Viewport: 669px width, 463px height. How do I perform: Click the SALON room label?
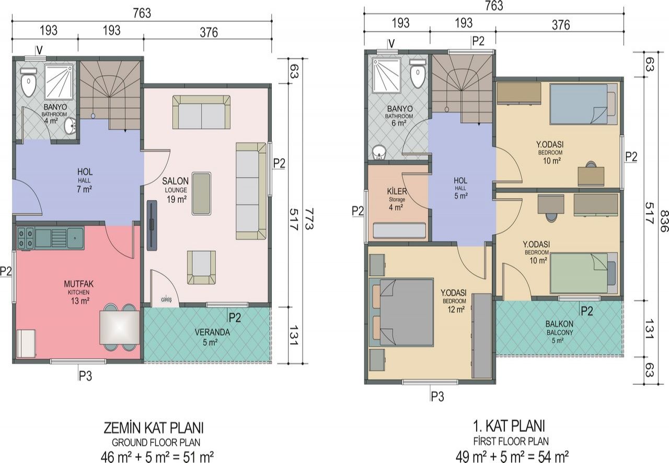(x=175, y=181)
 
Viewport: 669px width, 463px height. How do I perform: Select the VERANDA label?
(x=212, y=332)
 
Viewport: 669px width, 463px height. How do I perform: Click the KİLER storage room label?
(x=397, y=191)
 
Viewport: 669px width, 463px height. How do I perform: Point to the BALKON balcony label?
(x=559, y=324)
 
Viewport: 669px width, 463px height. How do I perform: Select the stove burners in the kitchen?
(x=26, y=238)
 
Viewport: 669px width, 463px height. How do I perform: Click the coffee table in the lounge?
(x=201, y=193)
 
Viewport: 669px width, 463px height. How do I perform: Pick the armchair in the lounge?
(x=201, y=267)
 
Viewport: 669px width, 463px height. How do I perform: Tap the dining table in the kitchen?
(x=120, y=327)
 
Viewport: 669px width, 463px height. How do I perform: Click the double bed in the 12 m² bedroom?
(x=401, y=312)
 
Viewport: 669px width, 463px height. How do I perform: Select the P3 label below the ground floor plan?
(x=85, y=376)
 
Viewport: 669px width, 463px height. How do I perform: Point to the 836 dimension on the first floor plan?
(x=664, y=221)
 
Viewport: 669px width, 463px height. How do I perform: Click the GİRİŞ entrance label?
(x=166, y=299)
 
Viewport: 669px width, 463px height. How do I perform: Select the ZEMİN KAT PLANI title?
(x=154, y=428)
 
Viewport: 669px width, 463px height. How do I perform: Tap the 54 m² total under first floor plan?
(x=553, y=457)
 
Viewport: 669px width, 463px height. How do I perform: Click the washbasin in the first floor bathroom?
(x=379, y=152)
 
